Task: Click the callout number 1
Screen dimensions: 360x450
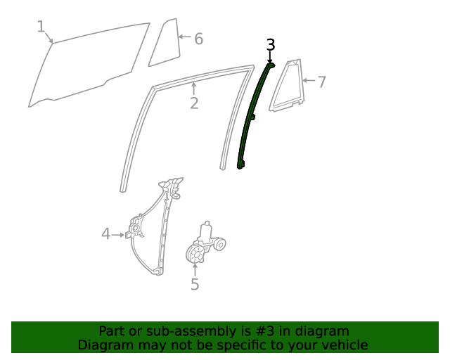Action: (x=41, y=27)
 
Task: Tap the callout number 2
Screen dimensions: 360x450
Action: (x=194, y=103)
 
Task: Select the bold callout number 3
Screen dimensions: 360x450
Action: (x=271, y=45)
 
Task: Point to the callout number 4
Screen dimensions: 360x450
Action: (x=105, y=233)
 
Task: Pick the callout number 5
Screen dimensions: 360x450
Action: (x=195, y=284)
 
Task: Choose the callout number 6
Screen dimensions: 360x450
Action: (x=198, y=39)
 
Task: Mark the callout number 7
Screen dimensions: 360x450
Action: (x=321, y=82)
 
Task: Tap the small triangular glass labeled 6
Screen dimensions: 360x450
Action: (x=165, y=44)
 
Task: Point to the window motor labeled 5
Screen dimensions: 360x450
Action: (x=204, y=245)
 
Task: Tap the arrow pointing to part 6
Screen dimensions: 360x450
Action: (x=184, y=37)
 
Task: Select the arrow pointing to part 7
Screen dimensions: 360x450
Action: (x=308, y=81)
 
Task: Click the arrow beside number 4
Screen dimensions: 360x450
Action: (x=120, y=234)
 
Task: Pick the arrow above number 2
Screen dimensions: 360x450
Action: (x=194, y=88)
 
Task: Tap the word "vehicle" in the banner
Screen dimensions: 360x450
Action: (x=344, y=345)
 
